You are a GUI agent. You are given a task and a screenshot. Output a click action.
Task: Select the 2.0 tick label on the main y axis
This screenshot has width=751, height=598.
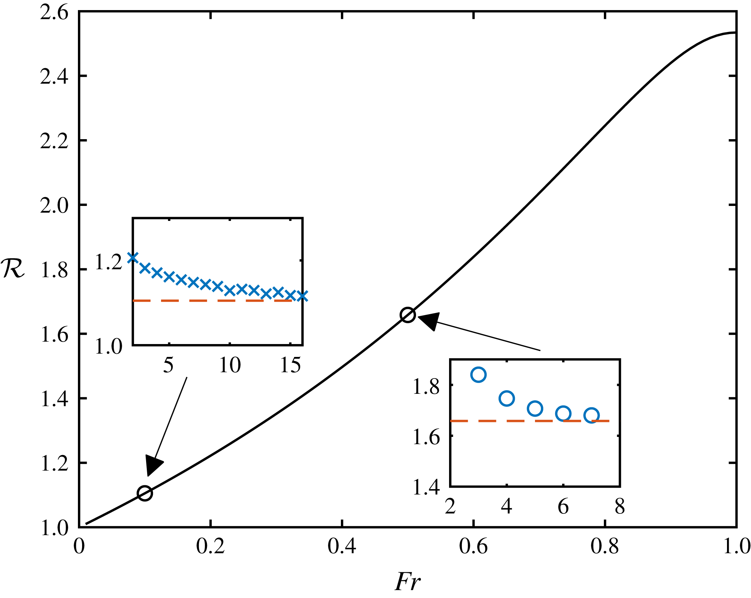pyautogui.click(x=54, y=206)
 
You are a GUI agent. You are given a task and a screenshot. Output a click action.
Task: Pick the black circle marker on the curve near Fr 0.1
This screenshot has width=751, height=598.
pyautogui.click(x=145, y=493)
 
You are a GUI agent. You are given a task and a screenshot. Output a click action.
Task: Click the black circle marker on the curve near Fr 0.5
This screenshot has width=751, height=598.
pyautogui.click(x=408, y=315)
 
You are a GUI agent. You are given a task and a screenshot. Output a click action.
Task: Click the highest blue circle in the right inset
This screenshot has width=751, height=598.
pyautogui.click(x=478, y=375)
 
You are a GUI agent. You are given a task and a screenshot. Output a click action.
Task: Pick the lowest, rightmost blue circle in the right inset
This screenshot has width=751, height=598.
pyautogui.click(x=591, y=415)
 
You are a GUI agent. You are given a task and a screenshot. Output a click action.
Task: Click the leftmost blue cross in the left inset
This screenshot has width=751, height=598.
pyautogui.click(x=133, y=258)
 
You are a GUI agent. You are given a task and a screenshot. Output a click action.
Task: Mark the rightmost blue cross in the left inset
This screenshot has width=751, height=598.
pyautogui.click(x=302, y=296)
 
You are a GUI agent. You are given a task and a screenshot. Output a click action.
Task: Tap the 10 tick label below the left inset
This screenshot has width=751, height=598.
pyautogui.click(x=230, y=366)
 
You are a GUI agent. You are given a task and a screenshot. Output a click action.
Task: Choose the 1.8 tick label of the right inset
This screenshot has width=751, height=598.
pyautogui.click(x=426, y=386)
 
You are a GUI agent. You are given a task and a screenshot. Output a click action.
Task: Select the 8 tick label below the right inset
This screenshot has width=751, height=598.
pyautogui.click(x=620, y=507)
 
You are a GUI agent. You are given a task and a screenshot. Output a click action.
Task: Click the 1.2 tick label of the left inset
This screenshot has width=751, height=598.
pyautogui.click(x=109, y=262)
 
